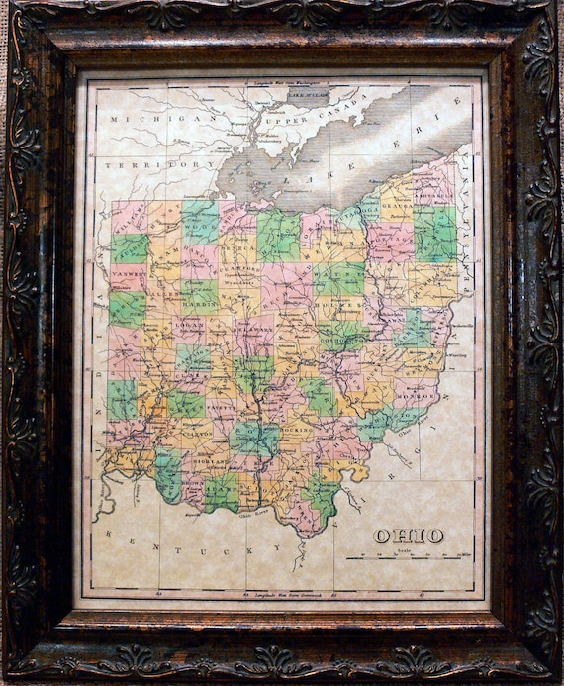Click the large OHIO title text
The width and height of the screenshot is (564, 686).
tap(408, 536)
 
